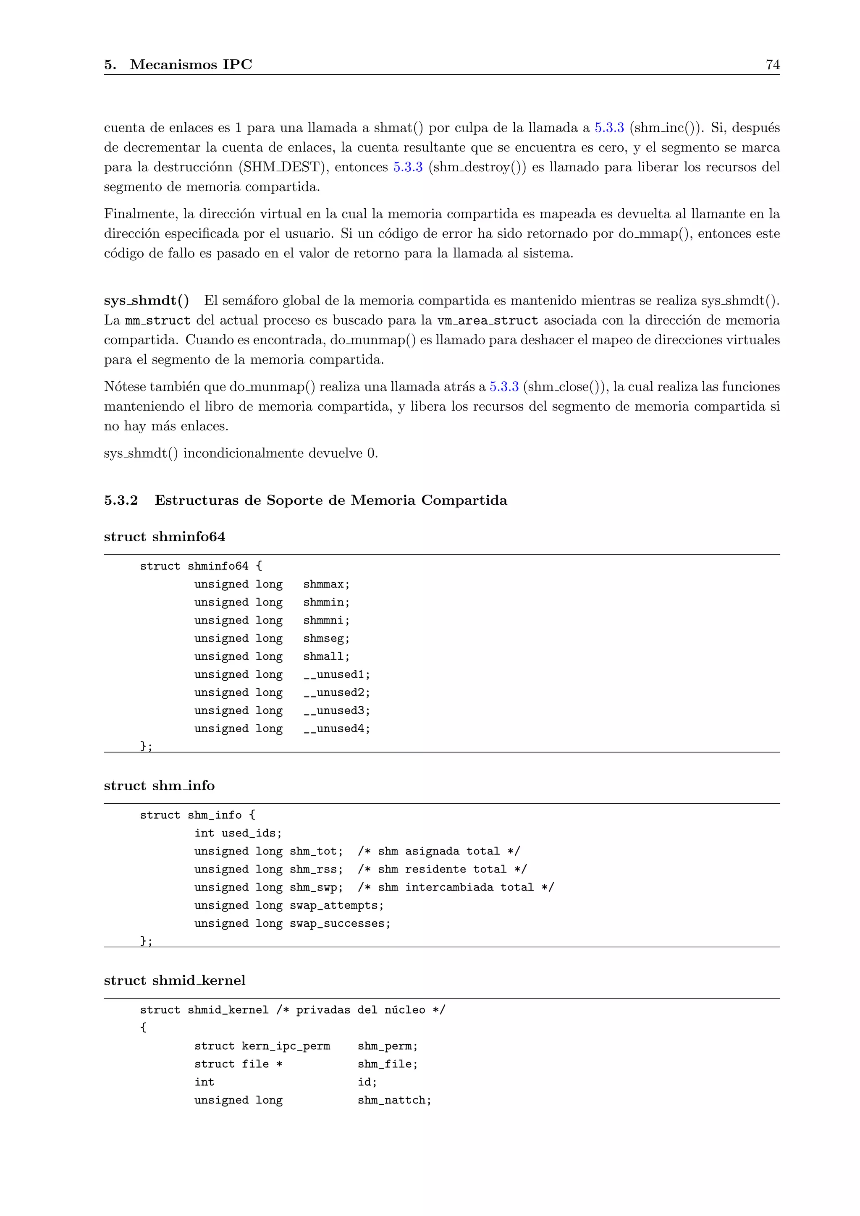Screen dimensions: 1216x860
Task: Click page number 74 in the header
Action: point(772,65)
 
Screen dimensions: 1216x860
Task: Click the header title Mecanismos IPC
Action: point(191,65)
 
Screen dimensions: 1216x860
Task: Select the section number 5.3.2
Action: point(121,500)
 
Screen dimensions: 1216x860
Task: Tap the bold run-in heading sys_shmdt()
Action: point(146,300)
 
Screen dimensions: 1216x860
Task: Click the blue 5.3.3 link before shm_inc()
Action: point(609,128)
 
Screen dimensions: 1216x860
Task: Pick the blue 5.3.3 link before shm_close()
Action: point(503,386)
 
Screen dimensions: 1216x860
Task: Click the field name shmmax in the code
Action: point(326,584)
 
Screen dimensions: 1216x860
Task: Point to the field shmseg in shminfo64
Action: point(326,638)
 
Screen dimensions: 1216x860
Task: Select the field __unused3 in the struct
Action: point(336,710)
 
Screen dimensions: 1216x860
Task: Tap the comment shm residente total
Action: point(442,869)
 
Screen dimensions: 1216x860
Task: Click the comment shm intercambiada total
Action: point(456,887)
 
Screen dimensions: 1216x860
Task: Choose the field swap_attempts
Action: point(336,905)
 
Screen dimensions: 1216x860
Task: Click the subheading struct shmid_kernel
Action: point(174,980)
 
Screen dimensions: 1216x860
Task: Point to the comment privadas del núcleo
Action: point(361,1010)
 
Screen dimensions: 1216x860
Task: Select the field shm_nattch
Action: point(394,1100)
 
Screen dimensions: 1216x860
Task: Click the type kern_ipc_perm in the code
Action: point(286,1046)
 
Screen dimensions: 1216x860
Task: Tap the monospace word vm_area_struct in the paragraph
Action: point(487,320)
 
